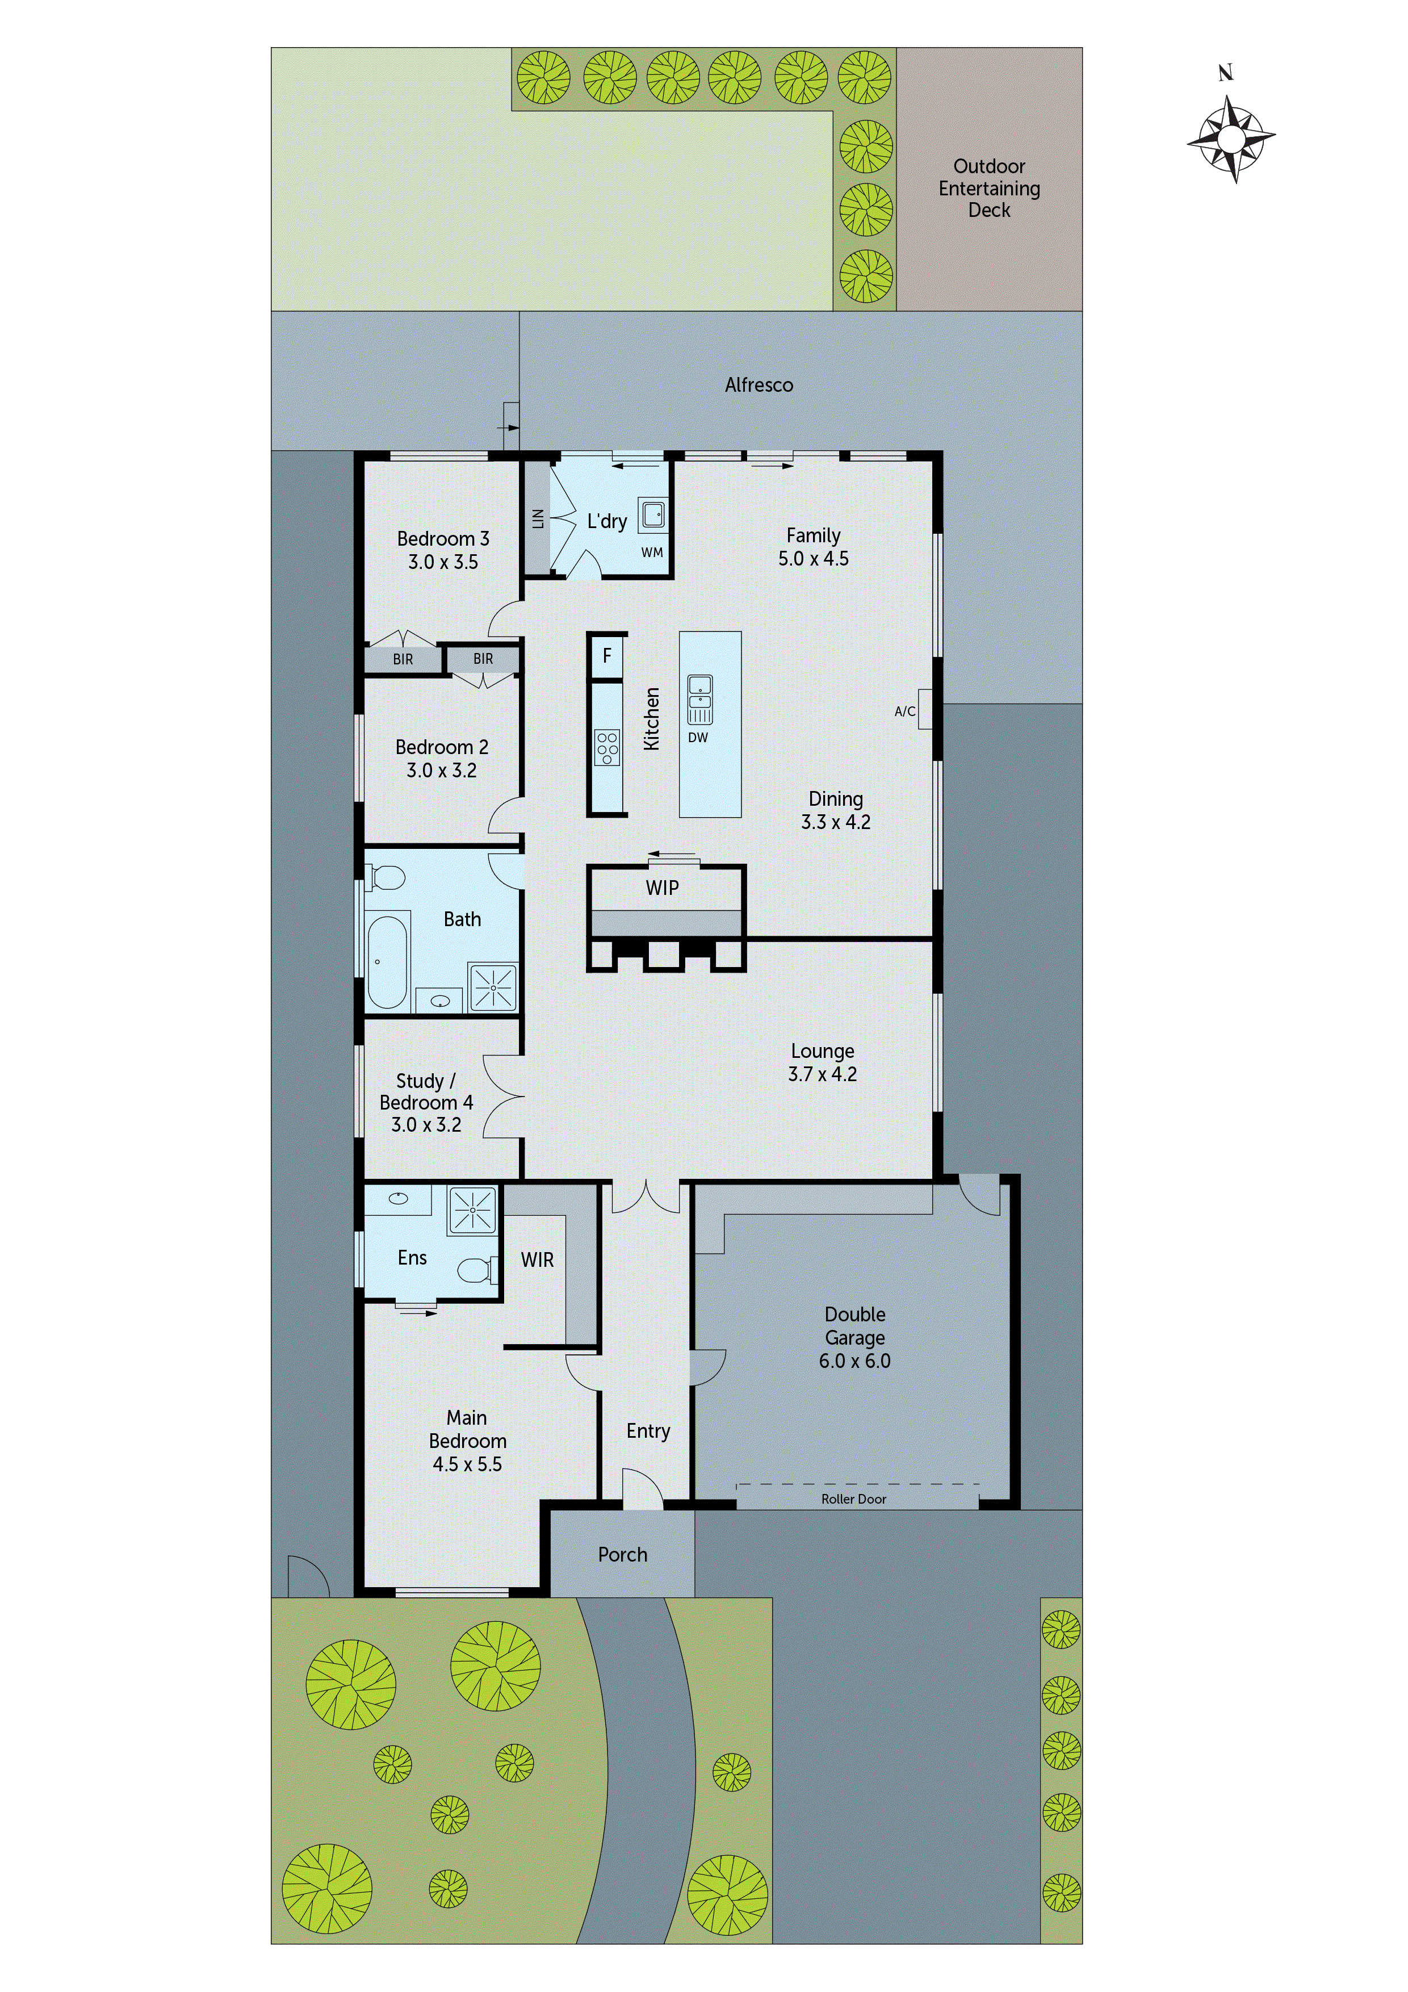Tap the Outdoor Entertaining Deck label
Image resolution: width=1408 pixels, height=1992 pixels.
[x=989, y=189]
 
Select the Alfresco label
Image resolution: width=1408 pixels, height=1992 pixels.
[x=759, y=384]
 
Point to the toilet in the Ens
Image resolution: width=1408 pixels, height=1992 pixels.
[x=475, y=1271]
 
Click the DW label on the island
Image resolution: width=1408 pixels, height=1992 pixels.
[x=698, y=738]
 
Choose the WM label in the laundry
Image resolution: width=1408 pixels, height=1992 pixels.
[x=652, y=552]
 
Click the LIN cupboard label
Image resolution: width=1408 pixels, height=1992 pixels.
[x=538, y=519]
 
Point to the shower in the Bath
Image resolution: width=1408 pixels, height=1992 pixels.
[x=493, y=987]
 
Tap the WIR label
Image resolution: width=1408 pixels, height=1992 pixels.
[x=537, y=1259]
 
